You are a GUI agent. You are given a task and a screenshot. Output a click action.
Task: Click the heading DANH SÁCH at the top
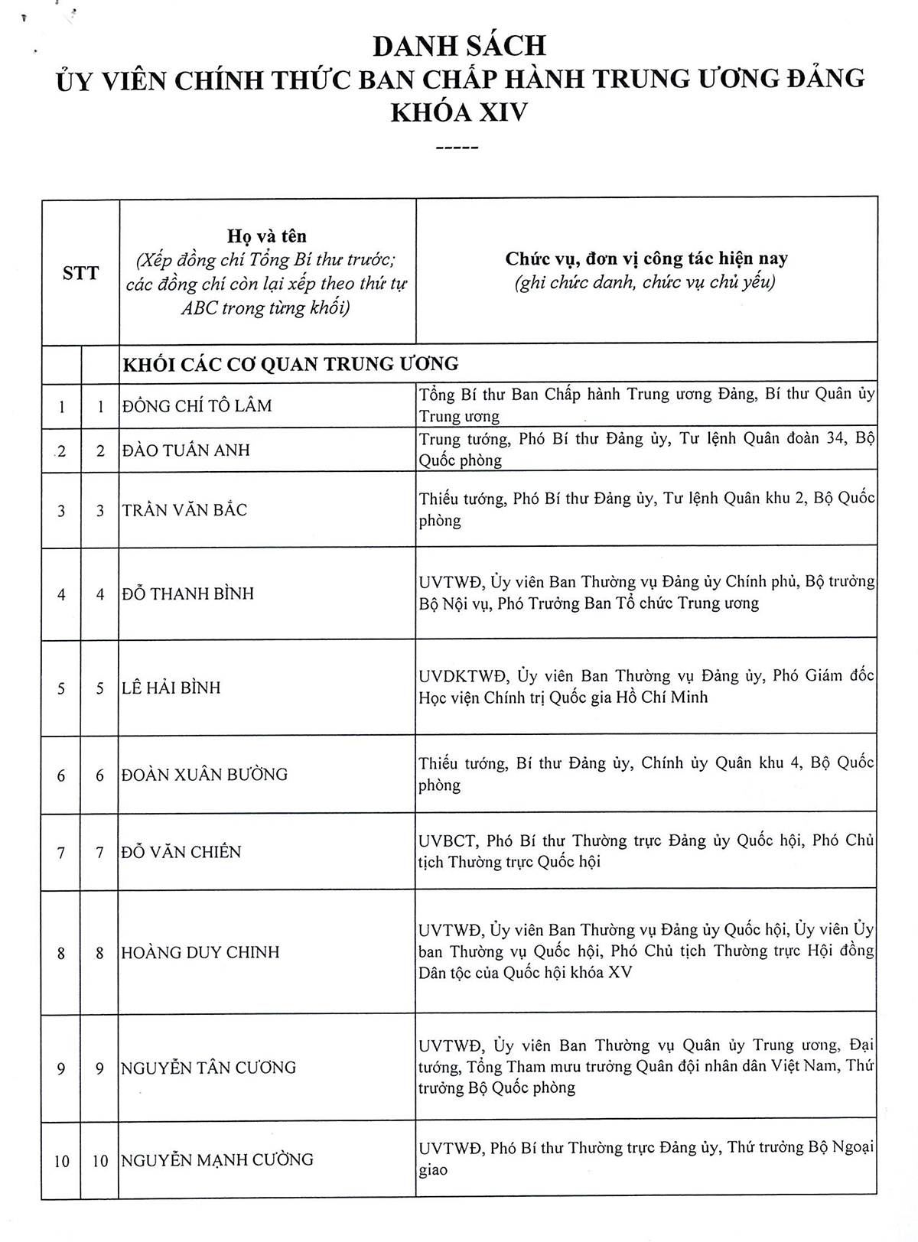459,46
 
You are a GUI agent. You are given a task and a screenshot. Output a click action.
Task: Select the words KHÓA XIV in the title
459,112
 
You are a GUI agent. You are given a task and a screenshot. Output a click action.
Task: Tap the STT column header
80,273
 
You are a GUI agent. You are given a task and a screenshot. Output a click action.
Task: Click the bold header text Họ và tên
267,236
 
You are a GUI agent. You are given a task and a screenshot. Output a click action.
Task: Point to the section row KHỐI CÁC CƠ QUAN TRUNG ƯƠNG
291,364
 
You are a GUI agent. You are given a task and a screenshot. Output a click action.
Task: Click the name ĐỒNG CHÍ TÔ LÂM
197,406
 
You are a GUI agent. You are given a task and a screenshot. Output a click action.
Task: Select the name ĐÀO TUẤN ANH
186,450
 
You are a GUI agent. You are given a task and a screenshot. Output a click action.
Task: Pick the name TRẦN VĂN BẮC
184,510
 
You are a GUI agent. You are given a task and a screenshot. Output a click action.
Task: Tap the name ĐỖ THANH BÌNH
187,593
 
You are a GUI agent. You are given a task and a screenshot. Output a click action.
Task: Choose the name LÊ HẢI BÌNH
171,688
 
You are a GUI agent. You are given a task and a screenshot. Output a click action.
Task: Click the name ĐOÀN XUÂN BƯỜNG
204,775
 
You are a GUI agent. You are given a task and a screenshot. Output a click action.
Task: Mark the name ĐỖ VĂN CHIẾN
181,852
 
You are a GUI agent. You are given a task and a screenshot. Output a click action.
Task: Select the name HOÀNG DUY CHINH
200,952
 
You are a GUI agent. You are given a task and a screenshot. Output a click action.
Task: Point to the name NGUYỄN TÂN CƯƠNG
208,1068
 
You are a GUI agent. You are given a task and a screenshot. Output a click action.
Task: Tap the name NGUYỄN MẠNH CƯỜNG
217,1160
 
